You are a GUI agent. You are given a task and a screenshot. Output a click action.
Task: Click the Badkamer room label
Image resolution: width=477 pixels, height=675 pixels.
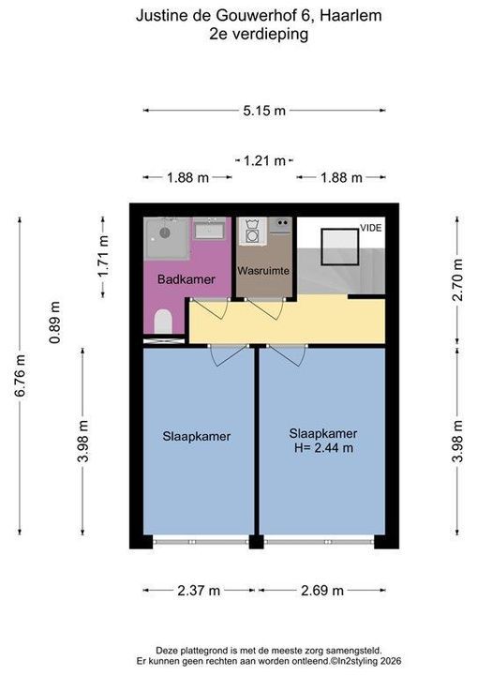tap(186, 279)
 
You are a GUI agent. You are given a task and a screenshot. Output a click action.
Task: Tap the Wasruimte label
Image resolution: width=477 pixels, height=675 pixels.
tap(263, 271)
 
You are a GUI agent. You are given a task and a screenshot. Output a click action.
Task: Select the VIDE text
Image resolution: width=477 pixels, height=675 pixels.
tap(371, 228)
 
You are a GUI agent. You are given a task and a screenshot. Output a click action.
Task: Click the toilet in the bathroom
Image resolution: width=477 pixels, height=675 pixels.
tap(163, 322)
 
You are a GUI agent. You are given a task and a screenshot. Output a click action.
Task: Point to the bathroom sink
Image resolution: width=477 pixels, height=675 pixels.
tap(209, 228)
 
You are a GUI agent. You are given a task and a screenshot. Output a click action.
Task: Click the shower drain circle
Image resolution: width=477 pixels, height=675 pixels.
tap(165, 232)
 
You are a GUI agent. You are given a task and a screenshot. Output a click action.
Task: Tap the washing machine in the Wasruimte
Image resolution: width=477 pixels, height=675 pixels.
tap(251, 232)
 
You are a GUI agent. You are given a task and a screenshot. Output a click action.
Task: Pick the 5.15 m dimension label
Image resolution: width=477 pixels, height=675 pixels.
tap(264, 111)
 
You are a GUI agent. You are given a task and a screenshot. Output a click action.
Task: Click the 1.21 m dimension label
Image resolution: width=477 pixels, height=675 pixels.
tap(264, 161)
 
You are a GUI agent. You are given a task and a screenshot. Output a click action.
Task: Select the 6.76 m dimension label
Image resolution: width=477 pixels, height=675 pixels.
tap(21, 375)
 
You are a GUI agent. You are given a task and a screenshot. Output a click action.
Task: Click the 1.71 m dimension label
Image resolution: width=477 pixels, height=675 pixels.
tap(102, 258)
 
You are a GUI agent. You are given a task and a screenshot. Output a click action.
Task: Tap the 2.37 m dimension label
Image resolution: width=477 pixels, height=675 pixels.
tap(199, 591)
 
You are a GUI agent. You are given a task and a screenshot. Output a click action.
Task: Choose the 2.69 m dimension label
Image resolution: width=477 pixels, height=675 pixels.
tap(322, 591)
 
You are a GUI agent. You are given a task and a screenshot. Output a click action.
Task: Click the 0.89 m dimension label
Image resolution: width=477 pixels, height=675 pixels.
tap(54, 322)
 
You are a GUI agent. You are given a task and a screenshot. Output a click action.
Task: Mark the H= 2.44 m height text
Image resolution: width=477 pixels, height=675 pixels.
tap(323, 448)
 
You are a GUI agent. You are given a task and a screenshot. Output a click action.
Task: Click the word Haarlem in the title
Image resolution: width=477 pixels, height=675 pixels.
tap(350, 16)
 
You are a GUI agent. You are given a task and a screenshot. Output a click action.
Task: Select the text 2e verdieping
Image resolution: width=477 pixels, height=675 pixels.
tap(259, 34)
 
